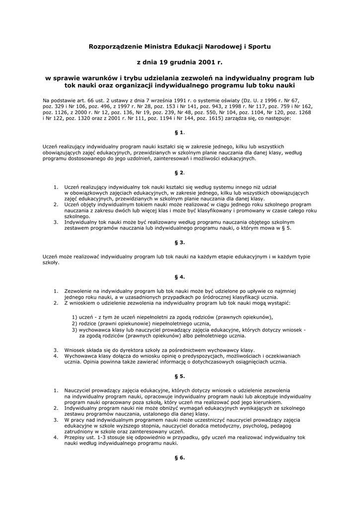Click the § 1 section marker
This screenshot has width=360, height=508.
179,132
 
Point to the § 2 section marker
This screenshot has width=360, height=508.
179,173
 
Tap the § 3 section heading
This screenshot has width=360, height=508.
179,242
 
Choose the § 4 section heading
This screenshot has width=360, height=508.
179,276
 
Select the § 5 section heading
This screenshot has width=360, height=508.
179,376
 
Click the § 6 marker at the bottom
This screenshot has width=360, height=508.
179,457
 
